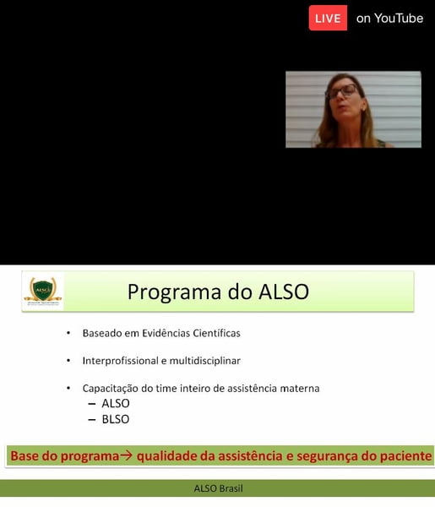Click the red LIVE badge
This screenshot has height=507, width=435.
pos(328,18)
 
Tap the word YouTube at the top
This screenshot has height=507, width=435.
pos(399,19)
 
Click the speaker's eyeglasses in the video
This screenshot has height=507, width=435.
pos(343,91)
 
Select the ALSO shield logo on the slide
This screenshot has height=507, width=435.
pos(43,291)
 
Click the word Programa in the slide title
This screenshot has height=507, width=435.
pos(175,292)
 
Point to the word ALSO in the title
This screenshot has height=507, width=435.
pos(284,292)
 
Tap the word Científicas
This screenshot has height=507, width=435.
pos(216,333)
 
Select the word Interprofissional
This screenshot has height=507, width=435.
pos(120,361)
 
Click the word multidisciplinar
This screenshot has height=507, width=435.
pos(205,361)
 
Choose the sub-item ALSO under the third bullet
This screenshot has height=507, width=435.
pos(116,403)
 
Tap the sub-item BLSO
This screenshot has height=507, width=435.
pos(116,419)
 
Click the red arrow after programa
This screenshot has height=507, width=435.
pos(126,455)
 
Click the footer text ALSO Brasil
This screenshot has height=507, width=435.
pos(218,488)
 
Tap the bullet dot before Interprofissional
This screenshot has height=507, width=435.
pos(68,360)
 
